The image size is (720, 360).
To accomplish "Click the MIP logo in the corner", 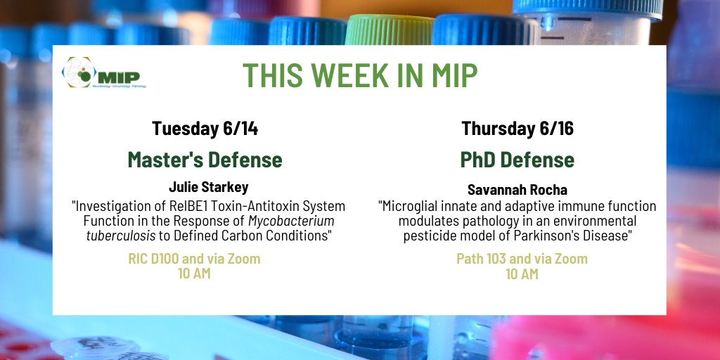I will pos(101,73).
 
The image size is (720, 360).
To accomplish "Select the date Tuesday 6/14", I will pos(205,129).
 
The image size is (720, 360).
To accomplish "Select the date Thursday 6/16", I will pos(517,129).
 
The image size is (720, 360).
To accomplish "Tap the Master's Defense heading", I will pos(205,160).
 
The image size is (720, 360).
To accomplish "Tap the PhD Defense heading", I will pos(517,160).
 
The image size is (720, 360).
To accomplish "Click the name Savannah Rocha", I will pos(517,190).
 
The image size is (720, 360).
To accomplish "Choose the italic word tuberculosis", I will pos(115,236).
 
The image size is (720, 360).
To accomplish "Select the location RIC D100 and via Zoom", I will pos(194,259).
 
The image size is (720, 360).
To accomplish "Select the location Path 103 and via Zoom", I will pos(522,259).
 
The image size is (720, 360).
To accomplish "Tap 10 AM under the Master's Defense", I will pos(194,274).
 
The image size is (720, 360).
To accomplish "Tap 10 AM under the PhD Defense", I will pos(522,274).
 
